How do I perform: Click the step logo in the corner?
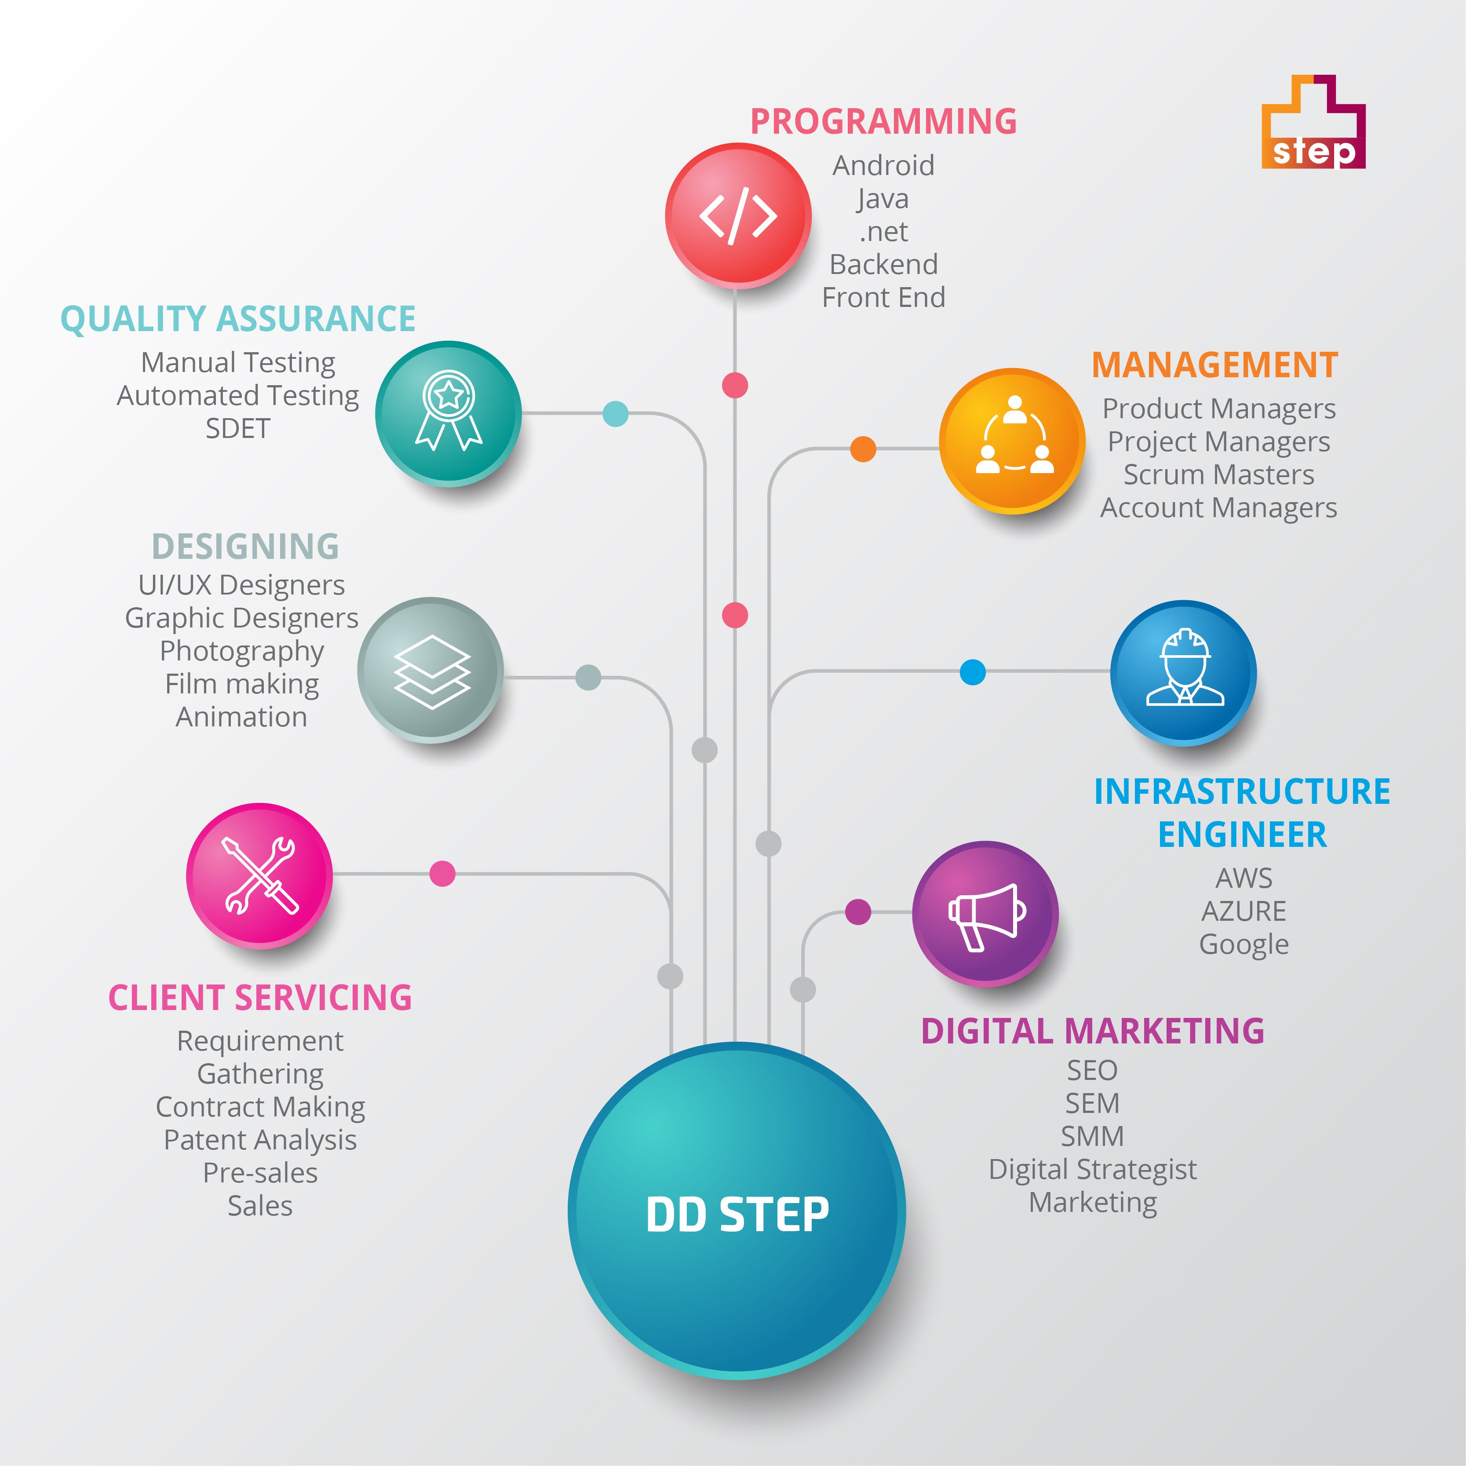coord(1313,123)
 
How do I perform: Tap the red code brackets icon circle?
coord(737,216)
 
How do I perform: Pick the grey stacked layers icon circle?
coord(430,671)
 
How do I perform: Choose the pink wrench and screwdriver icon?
coord(259,875)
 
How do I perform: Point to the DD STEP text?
coord(737,1214)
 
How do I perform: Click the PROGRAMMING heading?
coord(883,121)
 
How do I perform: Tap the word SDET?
coord(237,429)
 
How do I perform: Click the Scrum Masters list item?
coord(1218,474)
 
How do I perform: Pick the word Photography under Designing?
coord(241,651)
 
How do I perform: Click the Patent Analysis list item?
coord(260,1140)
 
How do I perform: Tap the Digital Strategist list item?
coord(1093,1169)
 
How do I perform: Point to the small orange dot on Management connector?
coord(863,449)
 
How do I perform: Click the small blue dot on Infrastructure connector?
coord(972,671)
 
